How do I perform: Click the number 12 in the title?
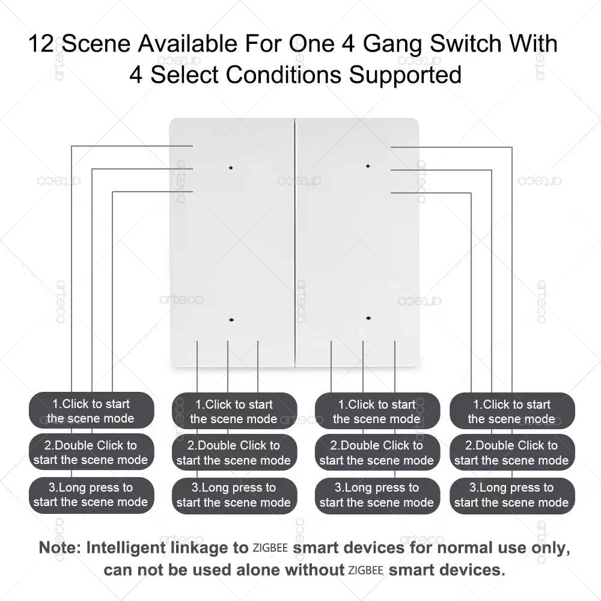click(x=42, y=44)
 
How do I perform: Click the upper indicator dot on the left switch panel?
click(x=231, y=168)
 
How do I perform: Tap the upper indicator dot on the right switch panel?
click(x=368, y=165)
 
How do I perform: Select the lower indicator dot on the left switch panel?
click(x=231, y=321)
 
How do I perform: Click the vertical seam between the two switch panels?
click(x=295, y=240)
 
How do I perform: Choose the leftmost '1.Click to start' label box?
click(x=91, y=411)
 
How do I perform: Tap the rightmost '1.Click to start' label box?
click(x=511, y=411)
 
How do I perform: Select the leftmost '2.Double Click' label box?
click(x=91, y=453)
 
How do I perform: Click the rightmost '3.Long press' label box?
click(x=511, y=495)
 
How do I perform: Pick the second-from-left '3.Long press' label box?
click(x=234, y=495)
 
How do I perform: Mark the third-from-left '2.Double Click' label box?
click(x=377, y=453)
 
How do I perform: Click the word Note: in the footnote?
click(x=61, y=548)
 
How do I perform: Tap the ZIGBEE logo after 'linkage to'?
click(x=270, y=548)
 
